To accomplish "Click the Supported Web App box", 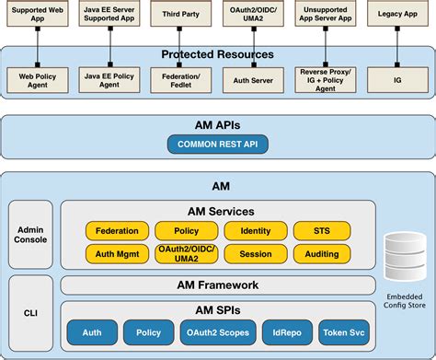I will (36, 15).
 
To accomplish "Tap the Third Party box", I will (180, 15).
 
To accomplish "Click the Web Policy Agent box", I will (36, 78).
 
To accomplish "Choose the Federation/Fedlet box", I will (180, 78).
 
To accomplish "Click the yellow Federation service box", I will (117, 230).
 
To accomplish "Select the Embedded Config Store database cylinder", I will (403, 260).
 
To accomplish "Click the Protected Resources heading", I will (217, 54).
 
